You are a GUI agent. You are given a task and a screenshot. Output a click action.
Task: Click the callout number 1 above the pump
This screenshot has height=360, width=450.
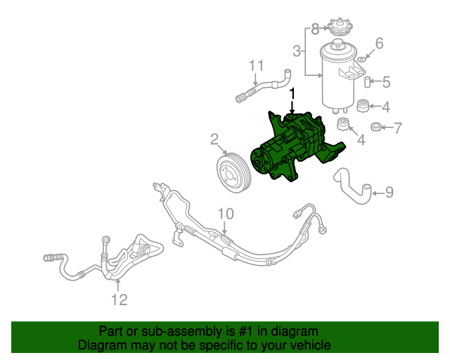pos(293,94)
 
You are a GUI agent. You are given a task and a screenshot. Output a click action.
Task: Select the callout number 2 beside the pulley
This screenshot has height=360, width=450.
pos(214,140)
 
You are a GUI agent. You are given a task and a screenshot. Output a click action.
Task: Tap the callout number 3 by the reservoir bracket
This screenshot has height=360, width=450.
pos(297,51)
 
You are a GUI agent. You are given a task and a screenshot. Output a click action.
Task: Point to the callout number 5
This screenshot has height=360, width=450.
pos(385,82)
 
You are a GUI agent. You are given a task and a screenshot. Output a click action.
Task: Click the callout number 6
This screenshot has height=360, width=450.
pos(379,44)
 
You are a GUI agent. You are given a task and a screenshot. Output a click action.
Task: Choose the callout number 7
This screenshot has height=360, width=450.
pos(397,128)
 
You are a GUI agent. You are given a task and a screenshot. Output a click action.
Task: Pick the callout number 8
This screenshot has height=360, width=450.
pos(314,28)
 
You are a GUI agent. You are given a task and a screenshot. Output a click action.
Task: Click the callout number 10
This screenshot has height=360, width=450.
pos(224,214)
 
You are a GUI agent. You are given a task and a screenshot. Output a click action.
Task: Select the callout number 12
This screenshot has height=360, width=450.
pos(119,300)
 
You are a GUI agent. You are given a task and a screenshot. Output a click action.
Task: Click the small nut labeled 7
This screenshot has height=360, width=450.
pos(377,127)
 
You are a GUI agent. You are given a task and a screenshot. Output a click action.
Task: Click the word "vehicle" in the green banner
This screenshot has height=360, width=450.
pos(307,346)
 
